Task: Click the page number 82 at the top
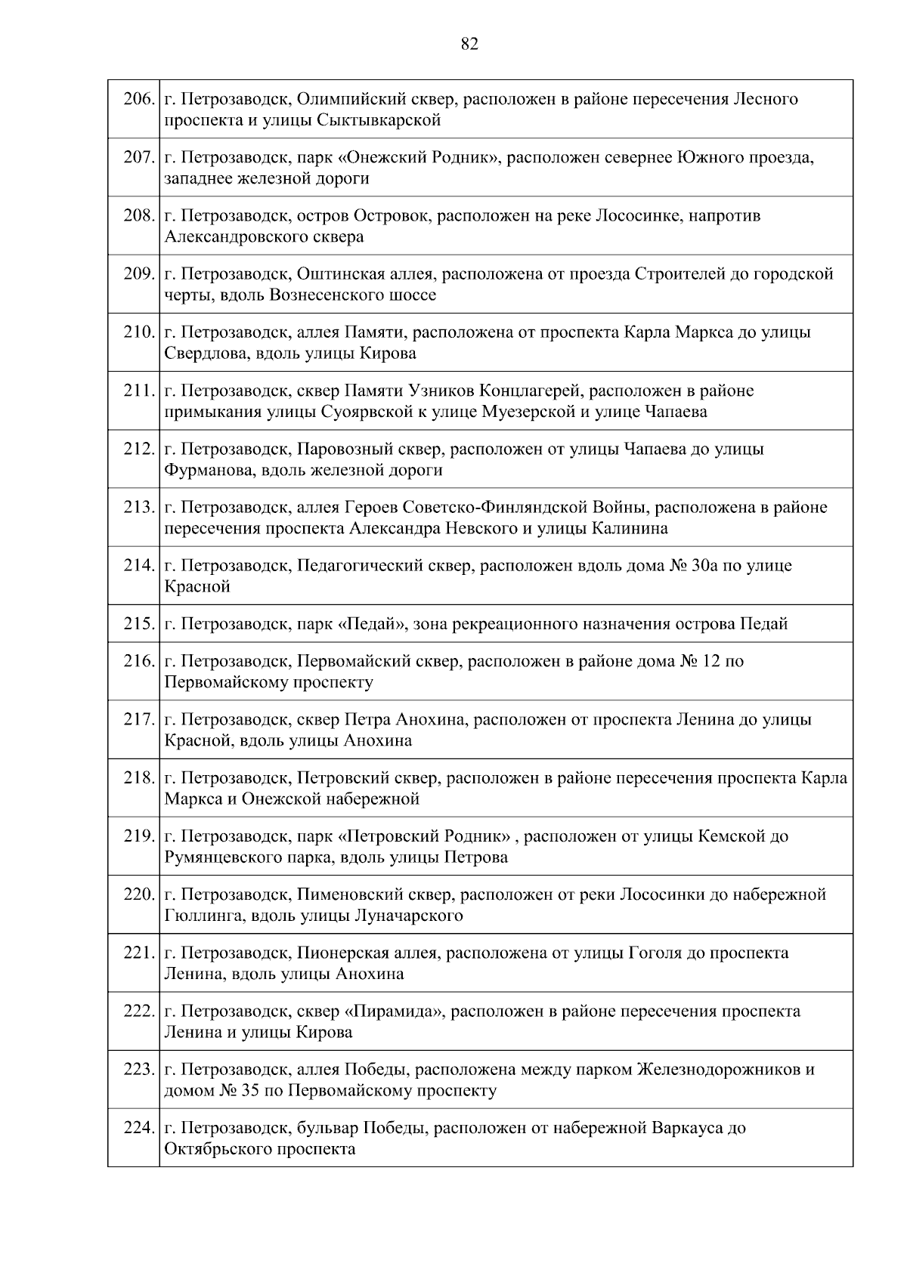469,45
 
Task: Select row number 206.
139,99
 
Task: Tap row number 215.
139,624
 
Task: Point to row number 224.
139,1129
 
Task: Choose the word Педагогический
359,566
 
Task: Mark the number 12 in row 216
710,662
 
